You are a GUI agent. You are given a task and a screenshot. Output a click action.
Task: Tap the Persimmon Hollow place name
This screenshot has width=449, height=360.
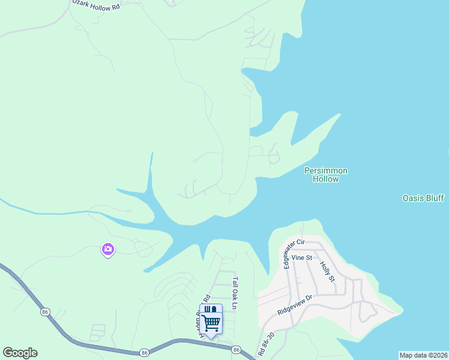pos(326,175)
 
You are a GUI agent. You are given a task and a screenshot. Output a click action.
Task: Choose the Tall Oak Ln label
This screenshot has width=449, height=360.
pos(236,292)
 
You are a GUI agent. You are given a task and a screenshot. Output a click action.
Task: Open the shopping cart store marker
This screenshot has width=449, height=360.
pos(211,320)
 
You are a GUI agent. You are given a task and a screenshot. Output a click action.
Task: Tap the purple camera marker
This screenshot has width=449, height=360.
pos(108,249)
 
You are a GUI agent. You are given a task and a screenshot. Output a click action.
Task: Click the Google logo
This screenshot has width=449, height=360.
pos(20,353)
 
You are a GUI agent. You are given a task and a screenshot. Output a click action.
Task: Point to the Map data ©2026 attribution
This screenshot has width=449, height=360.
pos(424,355)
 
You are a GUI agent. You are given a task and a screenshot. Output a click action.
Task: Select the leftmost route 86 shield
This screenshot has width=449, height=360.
pos(45,312)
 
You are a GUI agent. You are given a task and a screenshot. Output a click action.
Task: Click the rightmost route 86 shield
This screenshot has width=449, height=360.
pos(237,349)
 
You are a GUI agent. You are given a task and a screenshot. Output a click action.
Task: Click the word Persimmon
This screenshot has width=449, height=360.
pos(326,171)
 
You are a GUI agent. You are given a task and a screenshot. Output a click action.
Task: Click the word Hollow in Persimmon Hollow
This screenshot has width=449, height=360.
pos(326,179)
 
